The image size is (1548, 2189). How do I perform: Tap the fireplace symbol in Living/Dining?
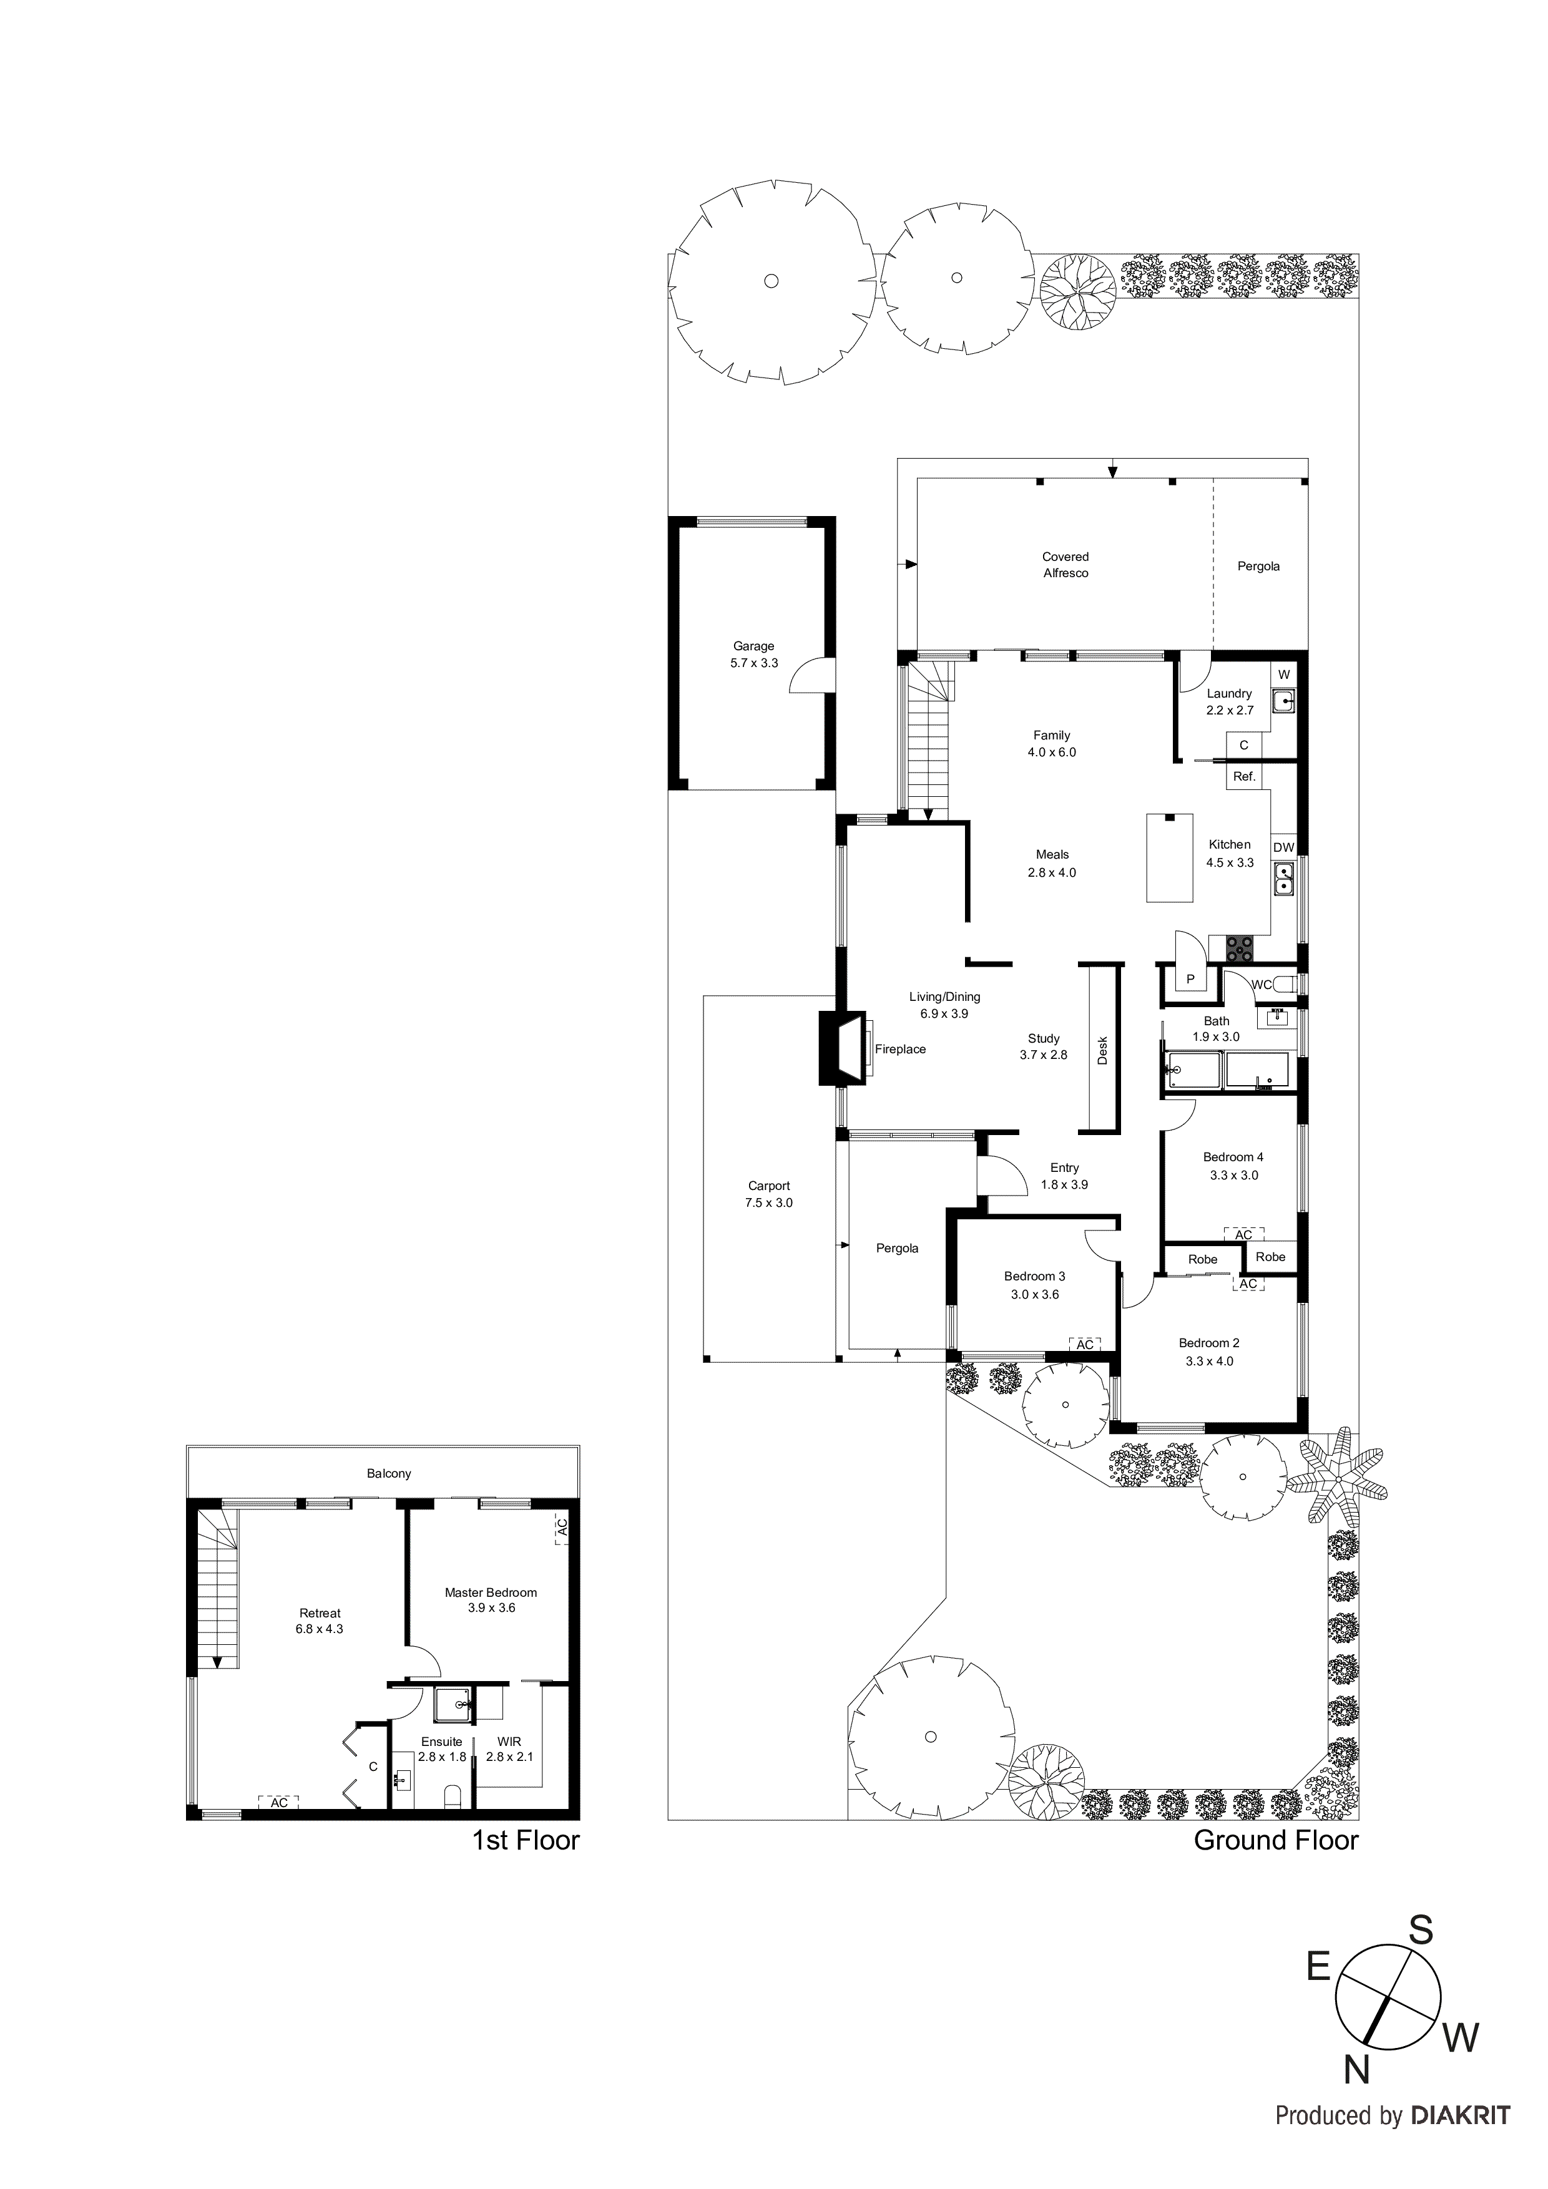point(845,1049)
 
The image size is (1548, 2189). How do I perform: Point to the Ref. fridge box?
point(1244,776)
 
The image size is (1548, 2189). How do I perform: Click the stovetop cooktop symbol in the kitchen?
point(1240,948)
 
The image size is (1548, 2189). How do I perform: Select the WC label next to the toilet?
point(1261,984)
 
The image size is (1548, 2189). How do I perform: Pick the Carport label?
point(769,1186)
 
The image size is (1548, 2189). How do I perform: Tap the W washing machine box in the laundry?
point(1284,674)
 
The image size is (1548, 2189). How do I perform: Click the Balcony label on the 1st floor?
point(389,1473)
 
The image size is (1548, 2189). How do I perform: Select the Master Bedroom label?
point(490,1592)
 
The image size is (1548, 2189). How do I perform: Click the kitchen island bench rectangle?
point(1169,857)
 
